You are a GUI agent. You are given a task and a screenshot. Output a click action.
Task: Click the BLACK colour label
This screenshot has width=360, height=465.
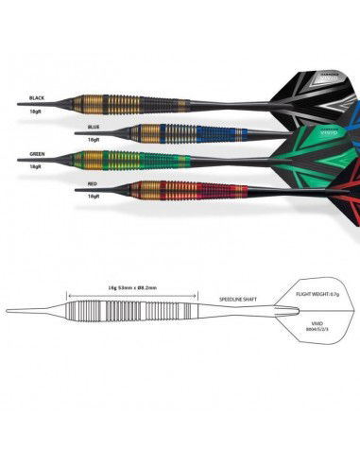point(37,98)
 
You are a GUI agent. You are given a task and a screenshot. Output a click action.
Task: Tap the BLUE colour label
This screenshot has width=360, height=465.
point(92,127)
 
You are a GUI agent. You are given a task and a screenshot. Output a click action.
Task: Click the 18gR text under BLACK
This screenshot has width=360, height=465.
point(37,111)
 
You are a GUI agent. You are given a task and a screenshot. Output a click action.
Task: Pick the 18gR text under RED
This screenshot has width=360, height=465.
point(93,196)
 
